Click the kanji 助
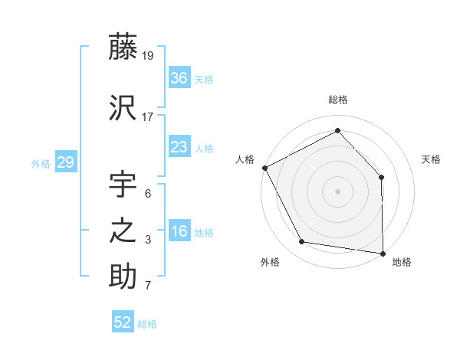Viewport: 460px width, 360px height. click(x=123, y=277)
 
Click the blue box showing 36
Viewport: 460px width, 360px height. click(x=179, y=78)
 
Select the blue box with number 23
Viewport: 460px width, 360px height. click(x=179, y=147)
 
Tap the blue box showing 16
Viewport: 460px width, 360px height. click(x=179, y=232)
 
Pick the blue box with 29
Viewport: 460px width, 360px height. click(x=65, y=162)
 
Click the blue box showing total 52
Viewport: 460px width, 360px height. click(x=123, y=322)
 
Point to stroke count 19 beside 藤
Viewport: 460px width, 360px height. click(x=148, y=55)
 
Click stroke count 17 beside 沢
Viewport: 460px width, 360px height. click(x=148, y=117)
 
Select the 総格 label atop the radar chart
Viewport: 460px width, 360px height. click(x=338, y=100)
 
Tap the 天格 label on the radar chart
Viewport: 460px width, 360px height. click(x=432, y=159)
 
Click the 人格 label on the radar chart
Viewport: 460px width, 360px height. click(x=245, y=159)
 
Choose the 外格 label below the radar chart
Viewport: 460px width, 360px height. click(x=270, y=262)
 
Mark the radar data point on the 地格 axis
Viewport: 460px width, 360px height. click(x=383, y=253)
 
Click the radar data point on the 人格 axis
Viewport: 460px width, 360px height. click(x=264, y=168)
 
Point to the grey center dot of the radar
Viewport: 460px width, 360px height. click(x=338, y=191)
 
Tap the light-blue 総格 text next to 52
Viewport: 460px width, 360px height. click(x=148, y=324)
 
